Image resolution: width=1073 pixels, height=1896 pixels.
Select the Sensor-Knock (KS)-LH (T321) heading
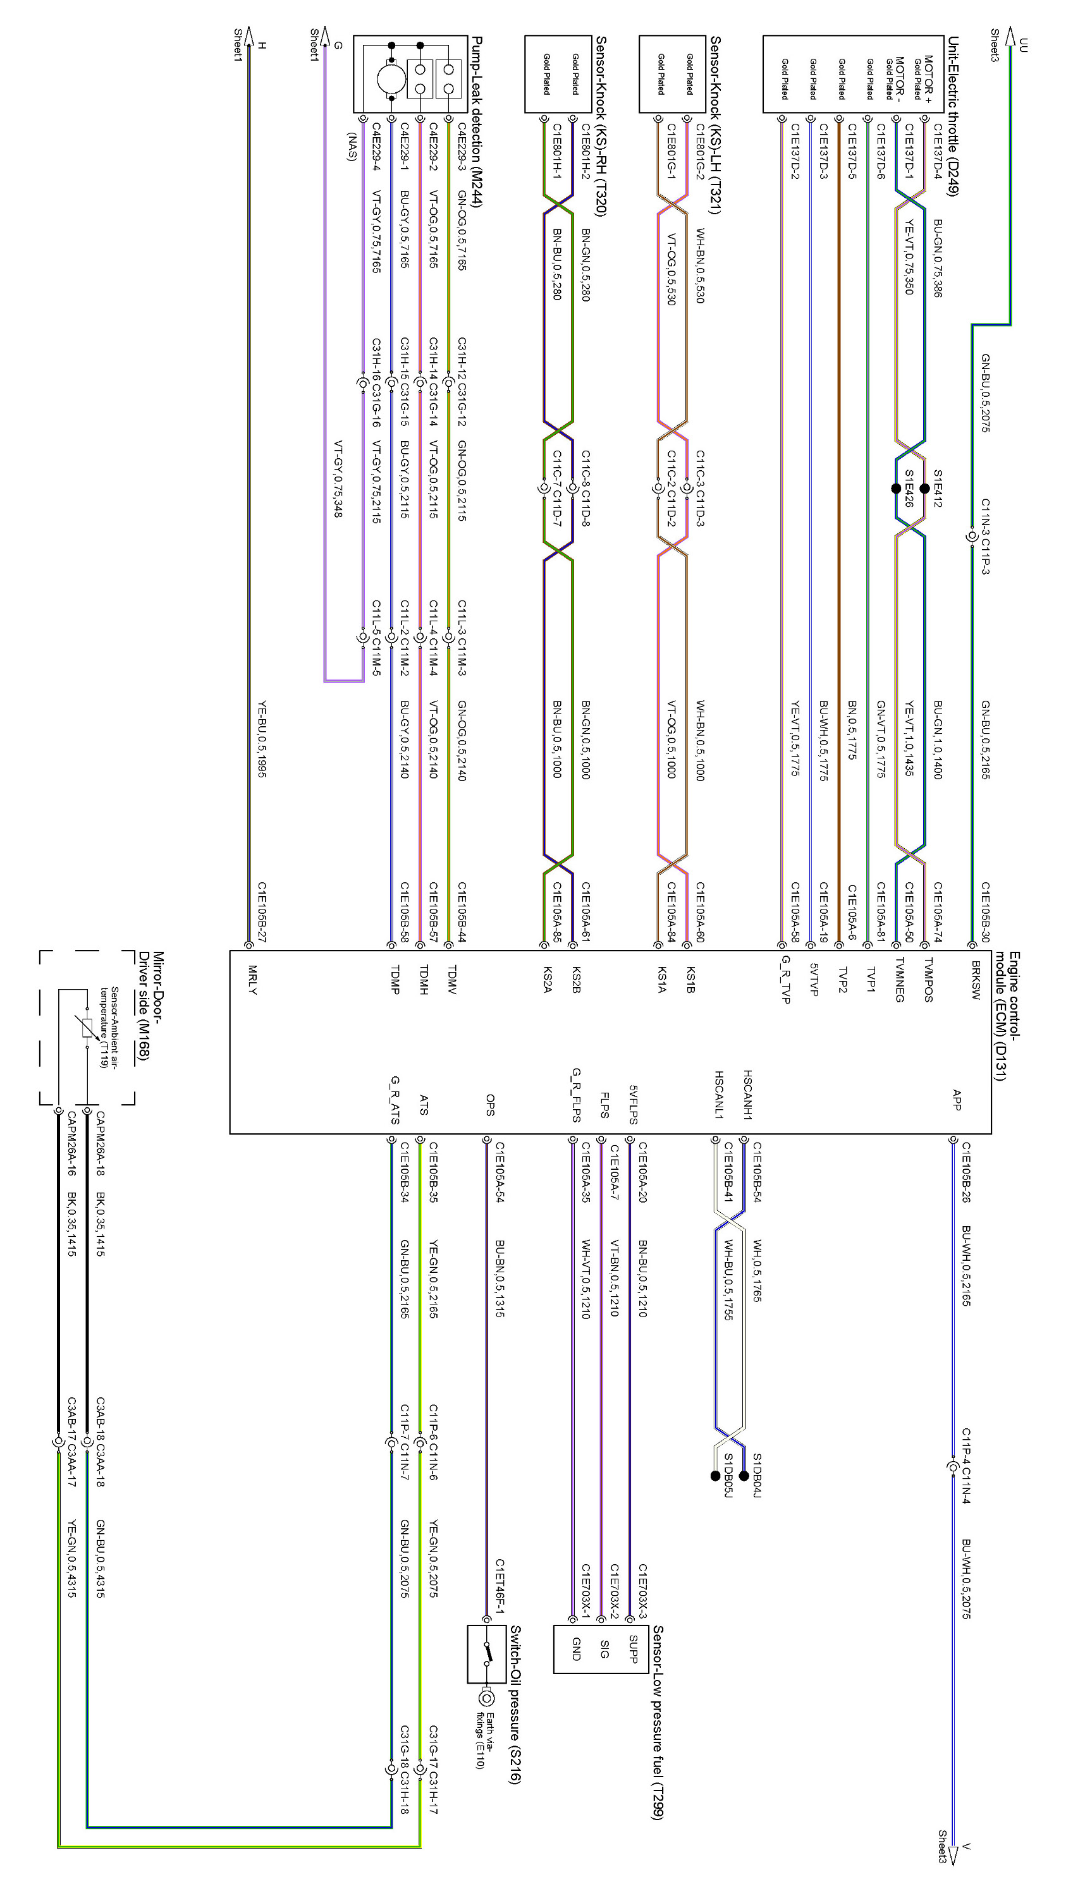pyautogui.click(x=715, y=125)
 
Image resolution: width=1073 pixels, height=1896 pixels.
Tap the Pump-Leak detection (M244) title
pyautogui.click(x=477, y=121)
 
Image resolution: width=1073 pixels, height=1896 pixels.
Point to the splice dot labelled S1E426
pyautogui.click(x=896, y=489)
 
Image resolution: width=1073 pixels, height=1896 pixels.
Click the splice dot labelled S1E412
pyautogui.click(x=925, y=489)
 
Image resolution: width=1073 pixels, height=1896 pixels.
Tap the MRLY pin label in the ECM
pyautogui.click(x=252, y=980)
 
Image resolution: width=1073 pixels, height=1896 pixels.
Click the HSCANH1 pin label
pyautogui.click(x=747, y=1095)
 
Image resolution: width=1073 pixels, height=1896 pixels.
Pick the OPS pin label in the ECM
pyautogui.click(x=490, y=1105)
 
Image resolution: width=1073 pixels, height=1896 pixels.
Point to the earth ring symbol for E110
pyautogui.click(x=486, y=1699)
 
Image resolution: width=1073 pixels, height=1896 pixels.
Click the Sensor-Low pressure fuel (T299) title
pyautogui.click(x=658, y=1722)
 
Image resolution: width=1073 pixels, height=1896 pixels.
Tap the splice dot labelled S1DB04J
pyautogui.click(x=744, y=1475)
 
